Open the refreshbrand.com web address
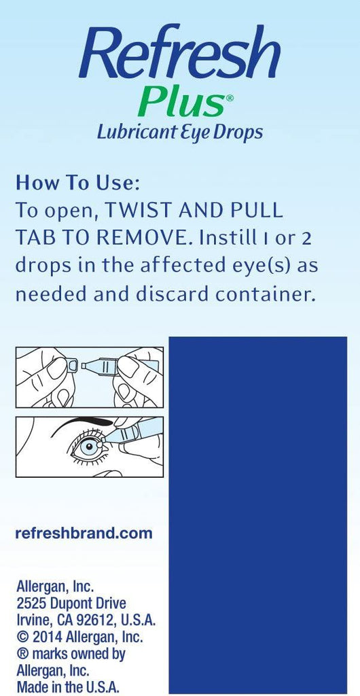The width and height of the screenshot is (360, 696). pos(83,533)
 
